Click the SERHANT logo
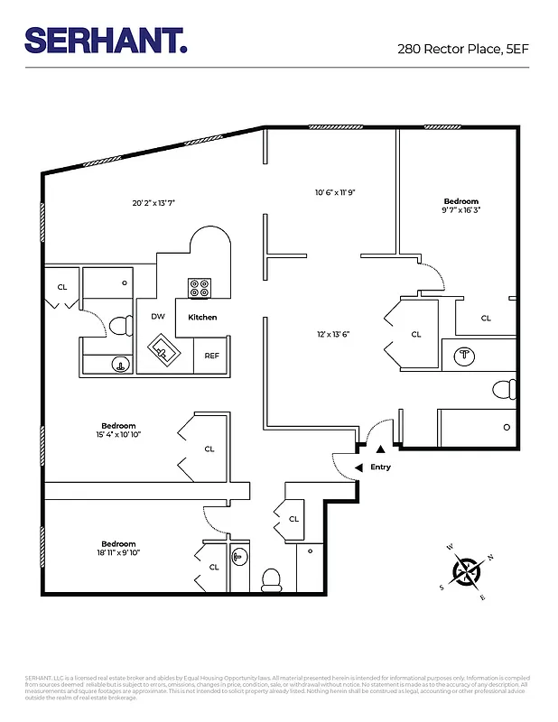pos(105,40)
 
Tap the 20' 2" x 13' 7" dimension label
pos(153,203)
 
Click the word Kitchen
pos(202,318)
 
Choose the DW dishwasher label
pos(157,317)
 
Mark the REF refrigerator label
pos(211,356)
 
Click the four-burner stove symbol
pos(200,289)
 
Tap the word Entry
pos(380,467)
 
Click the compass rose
pos(466,571)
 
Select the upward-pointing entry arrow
pos(380,448)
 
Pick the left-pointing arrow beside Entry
pos(358,467)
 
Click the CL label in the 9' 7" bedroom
pos(486,318)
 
